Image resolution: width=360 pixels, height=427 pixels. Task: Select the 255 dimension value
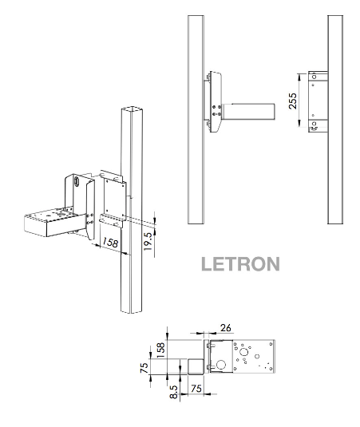pos(295,101)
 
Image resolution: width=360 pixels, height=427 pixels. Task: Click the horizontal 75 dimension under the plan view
pos(195,388)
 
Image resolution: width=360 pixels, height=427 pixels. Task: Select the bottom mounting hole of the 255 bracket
pos(315,125)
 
